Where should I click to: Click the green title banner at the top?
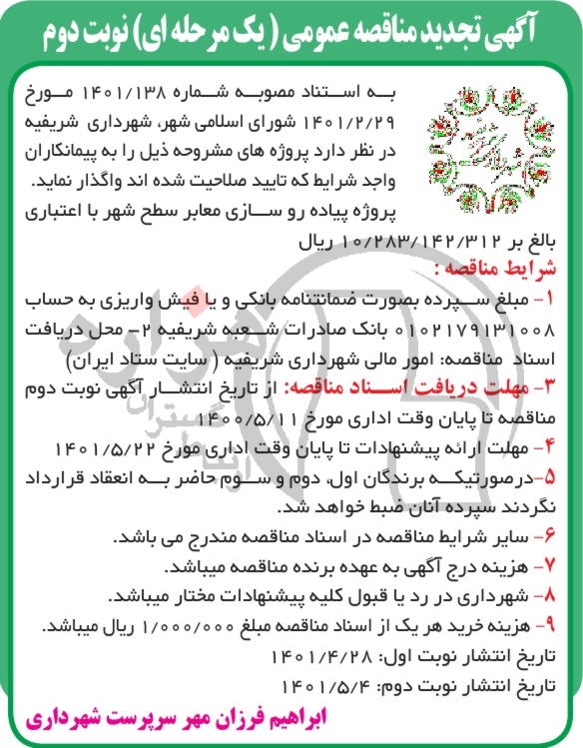(x=291, y=30)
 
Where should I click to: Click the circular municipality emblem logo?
(x=470, y=146)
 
